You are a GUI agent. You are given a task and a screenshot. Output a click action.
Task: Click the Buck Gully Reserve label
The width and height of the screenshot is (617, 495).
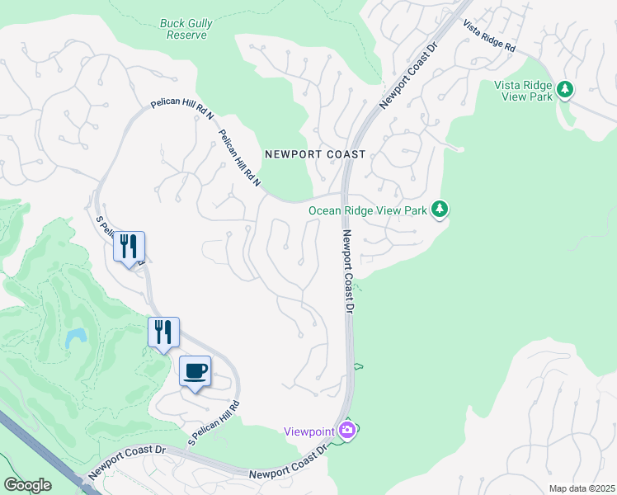(186, 30)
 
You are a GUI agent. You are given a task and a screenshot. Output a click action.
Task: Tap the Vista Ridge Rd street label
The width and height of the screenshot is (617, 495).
(488, 37)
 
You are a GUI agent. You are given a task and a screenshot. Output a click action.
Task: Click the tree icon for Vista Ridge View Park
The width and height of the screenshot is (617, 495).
(565, 88)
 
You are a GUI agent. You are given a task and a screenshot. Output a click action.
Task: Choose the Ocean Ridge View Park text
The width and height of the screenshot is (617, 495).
(368, 210)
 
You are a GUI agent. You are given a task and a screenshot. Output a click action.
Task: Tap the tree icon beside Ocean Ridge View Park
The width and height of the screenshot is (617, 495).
(440, 210)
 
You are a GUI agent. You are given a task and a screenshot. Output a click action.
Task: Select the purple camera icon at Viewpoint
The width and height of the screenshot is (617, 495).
(348, 431)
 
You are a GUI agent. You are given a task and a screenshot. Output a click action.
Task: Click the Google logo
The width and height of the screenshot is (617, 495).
(27, 484)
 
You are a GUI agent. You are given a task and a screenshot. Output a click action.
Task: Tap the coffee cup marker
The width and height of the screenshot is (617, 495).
(195, 371)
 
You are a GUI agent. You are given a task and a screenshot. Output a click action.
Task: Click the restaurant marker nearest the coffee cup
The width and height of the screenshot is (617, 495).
(163, 332)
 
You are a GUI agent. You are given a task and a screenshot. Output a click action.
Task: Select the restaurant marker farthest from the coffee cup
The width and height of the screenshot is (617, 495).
(129, 247)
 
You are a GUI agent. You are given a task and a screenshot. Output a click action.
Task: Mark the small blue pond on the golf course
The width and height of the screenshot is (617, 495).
(77, 336)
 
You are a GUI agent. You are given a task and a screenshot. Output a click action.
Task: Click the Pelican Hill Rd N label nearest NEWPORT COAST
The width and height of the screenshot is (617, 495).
(240, 158)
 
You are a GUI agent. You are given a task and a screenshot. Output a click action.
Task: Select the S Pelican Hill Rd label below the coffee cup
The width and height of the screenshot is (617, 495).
(214, 422)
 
